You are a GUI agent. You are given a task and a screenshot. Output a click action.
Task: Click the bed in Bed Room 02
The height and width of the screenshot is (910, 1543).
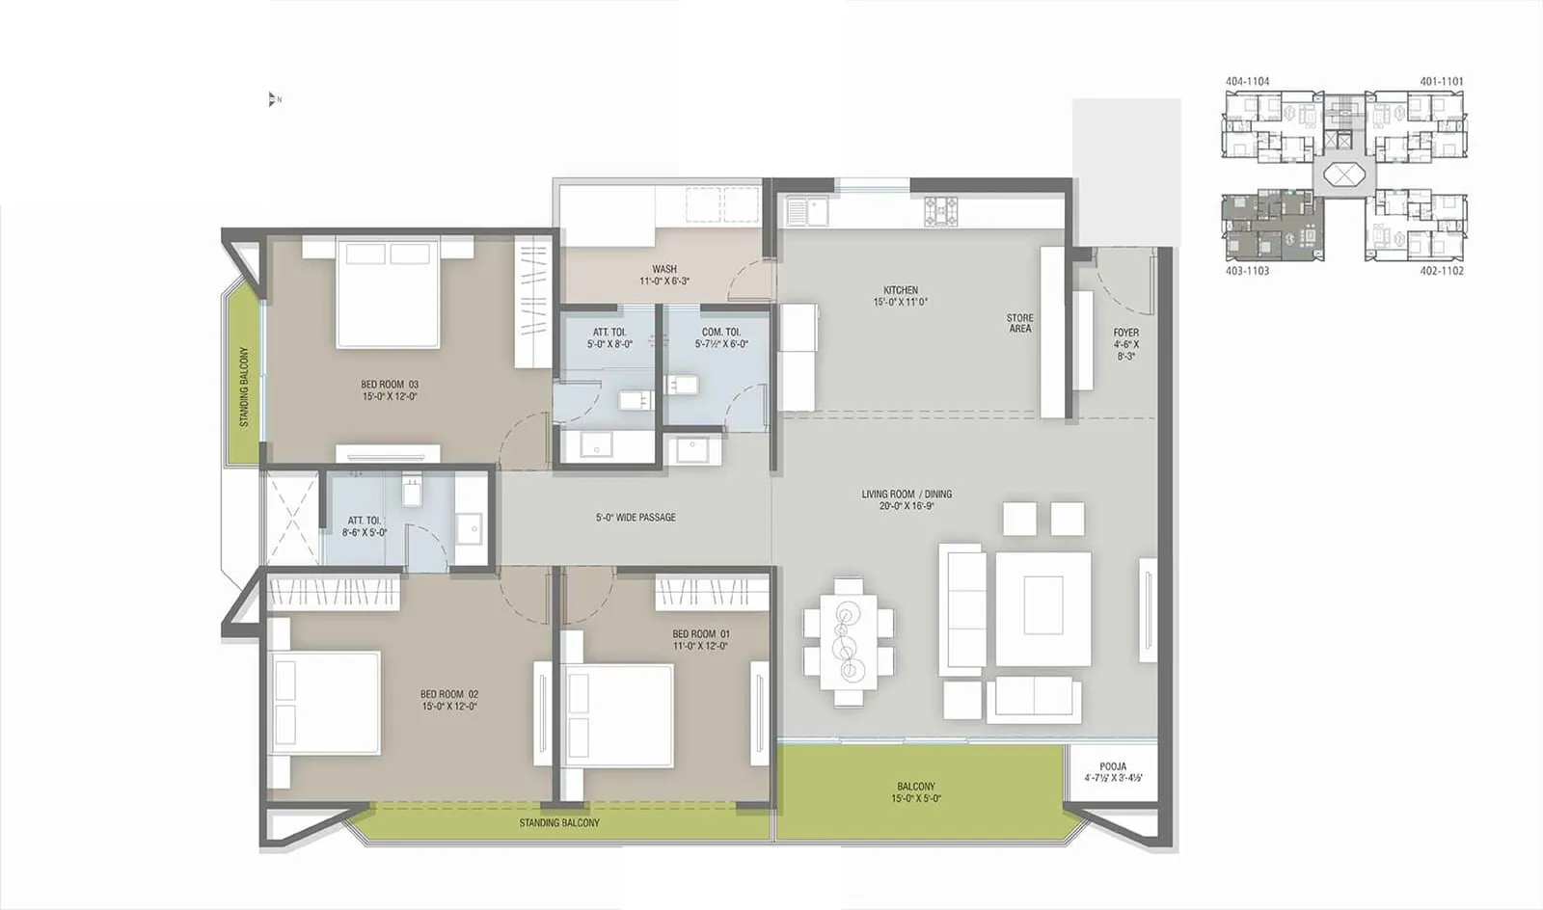(x=325, y=703)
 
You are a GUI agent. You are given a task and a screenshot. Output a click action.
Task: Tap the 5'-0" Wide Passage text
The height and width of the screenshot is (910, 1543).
(x=636, y=518)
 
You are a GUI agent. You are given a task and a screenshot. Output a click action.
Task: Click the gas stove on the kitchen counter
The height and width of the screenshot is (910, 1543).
(x=941, y=211)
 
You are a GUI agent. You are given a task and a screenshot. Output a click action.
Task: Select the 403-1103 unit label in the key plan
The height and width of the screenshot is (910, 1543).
(x=1247, y=271)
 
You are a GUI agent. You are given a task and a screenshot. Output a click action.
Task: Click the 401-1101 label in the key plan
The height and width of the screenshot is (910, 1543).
(x=1441, y=82)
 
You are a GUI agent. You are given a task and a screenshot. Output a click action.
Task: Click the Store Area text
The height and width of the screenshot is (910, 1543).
(x=1019, y=323)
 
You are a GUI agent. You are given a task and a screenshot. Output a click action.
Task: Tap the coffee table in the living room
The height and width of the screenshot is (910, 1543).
(x=1042, y=604)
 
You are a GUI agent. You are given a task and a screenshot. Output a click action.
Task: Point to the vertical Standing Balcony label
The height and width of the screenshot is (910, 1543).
(x=244, y=387)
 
